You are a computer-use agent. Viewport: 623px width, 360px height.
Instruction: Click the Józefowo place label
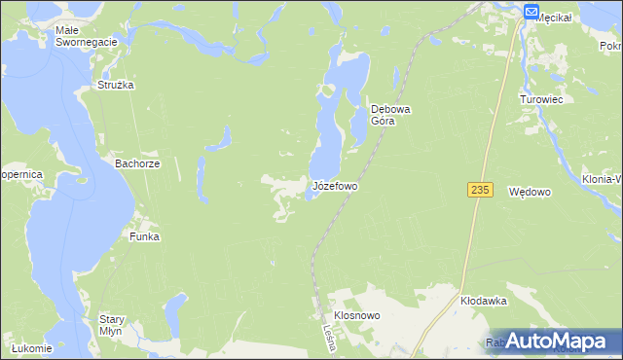pos(335,185)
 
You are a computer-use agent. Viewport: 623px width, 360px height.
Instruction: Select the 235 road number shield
pos(477,188)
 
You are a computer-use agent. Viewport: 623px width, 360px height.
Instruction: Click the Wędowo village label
pos(531,194)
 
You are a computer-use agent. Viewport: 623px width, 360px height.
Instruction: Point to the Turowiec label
pos(542,99)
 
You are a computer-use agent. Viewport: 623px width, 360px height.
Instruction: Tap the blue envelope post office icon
pos(531,12)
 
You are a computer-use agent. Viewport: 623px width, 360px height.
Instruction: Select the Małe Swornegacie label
pos(86,36)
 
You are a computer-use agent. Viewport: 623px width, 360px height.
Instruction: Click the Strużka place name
pos(115,85)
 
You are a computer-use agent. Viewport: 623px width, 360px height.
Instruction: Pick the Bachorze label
pos(136,164)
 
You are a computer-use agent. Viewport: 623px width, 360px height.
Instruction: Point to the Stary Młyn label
pos(111,325)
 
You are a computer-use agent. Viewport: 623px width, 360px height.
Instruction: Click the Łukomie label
pos(31,348)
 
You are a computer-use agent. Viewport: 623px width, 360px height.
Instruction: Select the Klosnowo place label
pos(357,316)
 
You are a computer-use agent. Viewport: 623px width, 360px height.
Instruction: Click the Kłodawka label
pos(485,302)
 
